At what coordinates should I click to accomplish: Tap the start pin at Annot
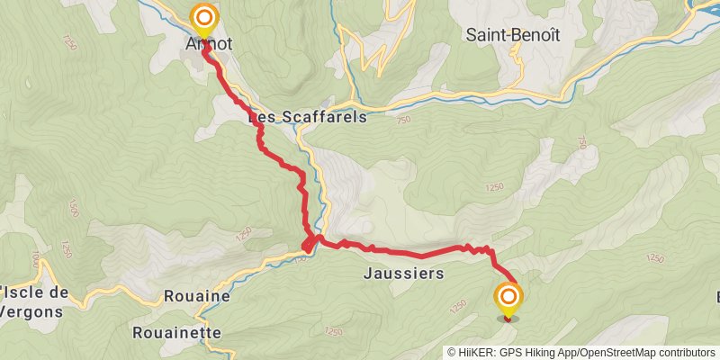205,18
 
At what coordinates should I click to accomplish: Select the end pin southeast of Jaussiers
509,298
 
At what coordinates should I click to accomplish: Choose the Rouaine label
197,296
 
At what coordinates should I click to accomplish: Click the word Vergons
31,312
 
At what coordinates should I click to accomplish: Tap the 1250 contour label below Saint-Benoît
493,187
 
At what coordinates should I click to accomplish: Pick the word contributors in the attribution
688,352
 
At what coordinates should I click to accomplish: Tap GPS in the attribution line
517,352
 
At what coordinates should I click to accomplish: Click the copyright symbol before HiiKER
453,352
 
